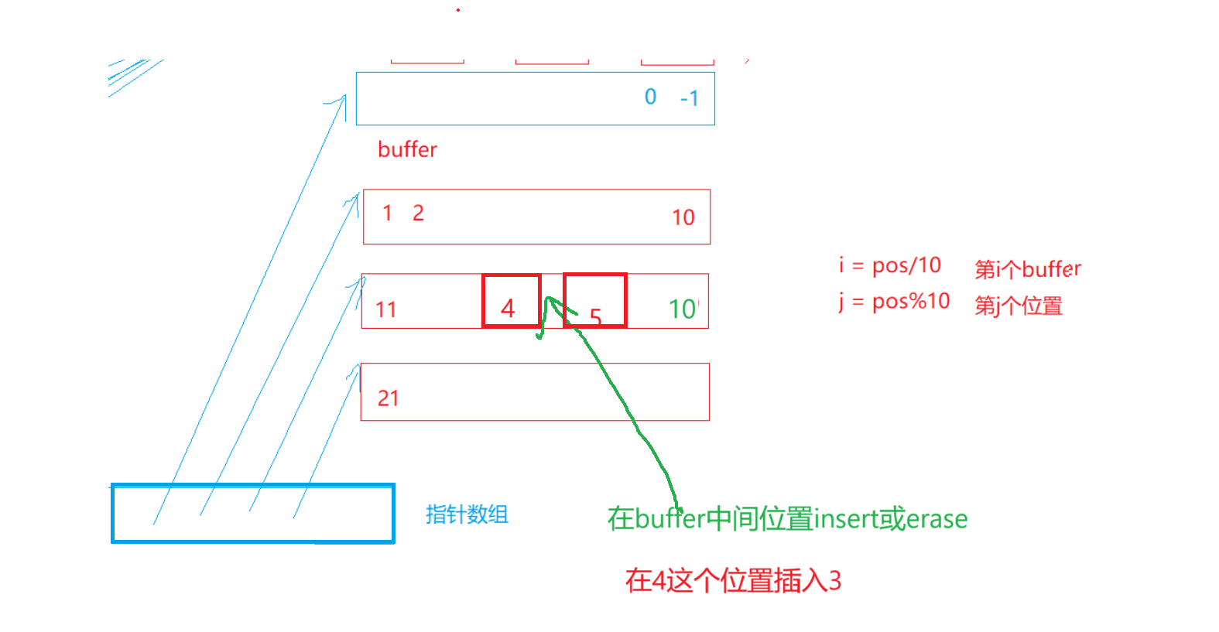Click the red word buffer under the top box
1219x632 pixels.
(407, 149)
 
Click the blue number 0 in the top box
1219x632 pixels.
(650, 97)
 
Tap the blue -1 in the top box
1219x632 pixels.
(689, 98)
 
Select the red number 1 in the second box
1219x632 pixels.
(388, 213)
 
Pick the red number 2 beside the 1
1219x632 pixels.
(418, 213)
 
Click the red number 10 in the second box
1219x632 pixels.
(683, 217)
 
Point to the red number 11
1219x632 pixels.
(385, 309)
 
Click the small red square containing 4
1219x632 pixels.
(511, 301)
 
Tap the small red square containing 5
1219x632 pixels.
(594, 301)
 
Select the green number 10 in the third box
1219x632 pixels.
(683, 309)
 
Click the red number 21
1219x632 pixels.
(388, 398)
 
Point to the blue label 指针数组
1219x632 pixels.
(467, 514)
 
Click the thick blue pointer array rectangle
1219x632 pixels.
(253, 514)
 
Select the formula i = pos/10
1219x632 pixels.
(890, 265)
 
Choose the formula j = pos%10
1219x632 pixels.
(894, 301)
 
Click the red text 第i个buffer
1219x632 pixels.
(1027, 269)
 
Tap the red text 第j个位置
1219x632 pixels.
(1018, 306)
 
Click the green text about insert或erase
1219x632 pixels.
(787, 518)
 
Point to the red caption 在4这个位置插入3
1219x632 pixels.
(733, 580)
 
